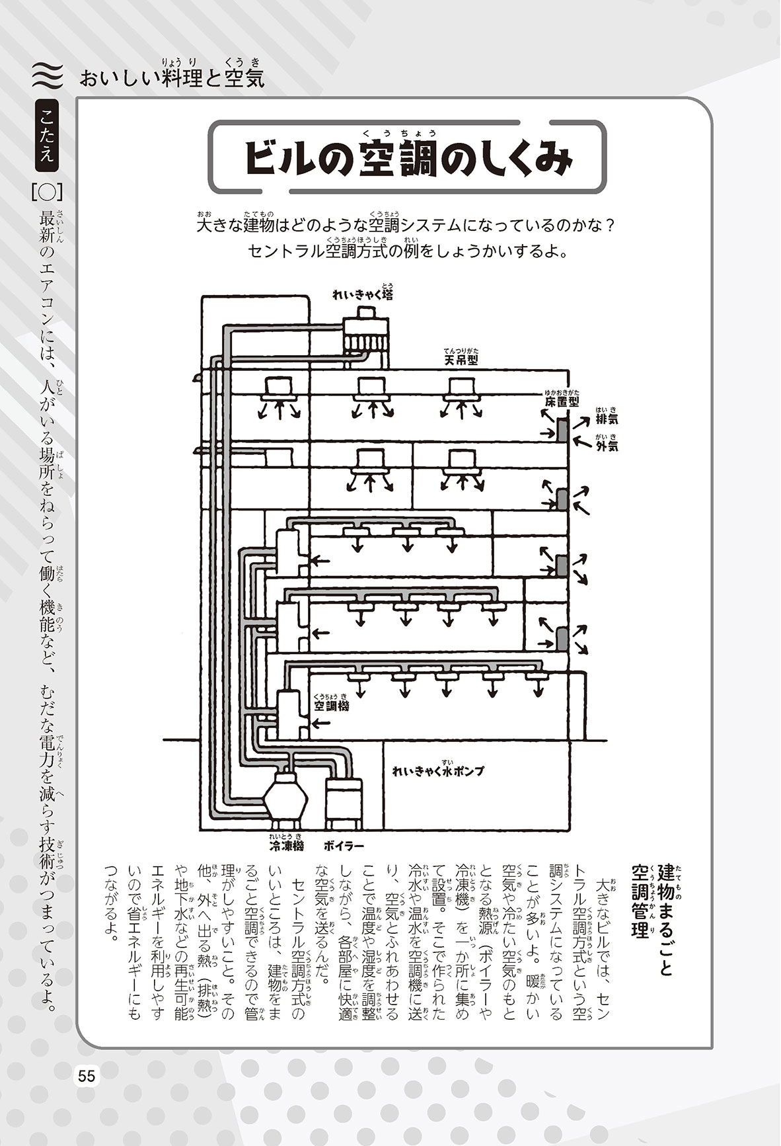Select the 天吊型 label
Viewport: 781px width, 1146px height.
[461, 360]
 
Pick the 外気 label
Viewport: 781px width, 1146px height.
[607, 446]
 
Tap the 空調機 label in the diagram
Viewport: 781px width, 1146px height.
[332, 706]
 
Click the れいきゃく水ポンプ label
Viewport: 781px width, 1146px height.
[437, 771]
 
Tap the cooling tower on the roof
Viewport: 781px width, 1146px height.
[365, 331]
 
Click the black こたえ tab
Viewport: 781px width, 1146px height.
[48, 136]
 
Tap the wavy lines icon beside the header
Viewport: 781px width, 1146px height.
[47, 76]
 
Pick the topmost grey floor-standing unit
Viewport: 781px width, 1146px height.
[562, 431]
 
